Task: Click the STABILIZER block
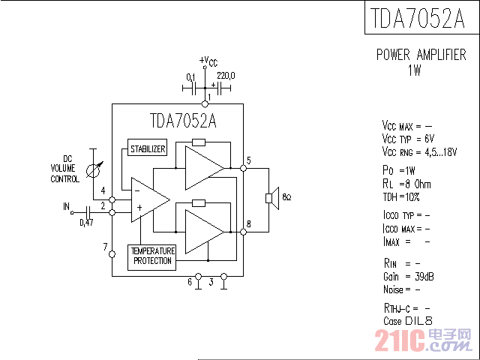click(x=147, y=148)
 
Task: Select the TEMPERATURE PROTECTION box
click(x=152, y=256)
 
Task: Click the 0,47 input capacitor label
click(x=86, y=223)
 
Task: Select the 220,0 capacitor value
click(x=226, y=76)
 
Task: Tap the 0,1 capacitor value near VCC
click(x=190, y=76)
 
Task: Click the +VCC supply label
click(x=209, y=61)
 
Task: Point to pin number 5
click(x=248, y=160)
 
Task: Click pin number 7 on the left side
click(x=104, y=245)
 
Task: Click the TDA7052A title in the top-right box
click(x=421, y=18)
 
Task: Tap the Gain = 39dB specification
click(x=407, y=277)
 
